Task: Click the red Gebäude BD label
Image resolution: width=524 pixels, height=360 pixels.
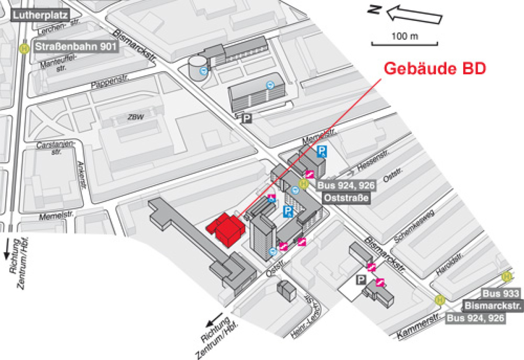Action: [x=434, y=69]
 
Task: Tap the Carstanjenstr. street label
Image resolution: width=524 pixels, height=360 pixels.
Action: [x=55, y=148]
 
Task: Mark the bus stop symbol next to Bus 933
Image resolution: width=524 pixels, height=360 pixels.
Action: [x=507, y=276]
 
